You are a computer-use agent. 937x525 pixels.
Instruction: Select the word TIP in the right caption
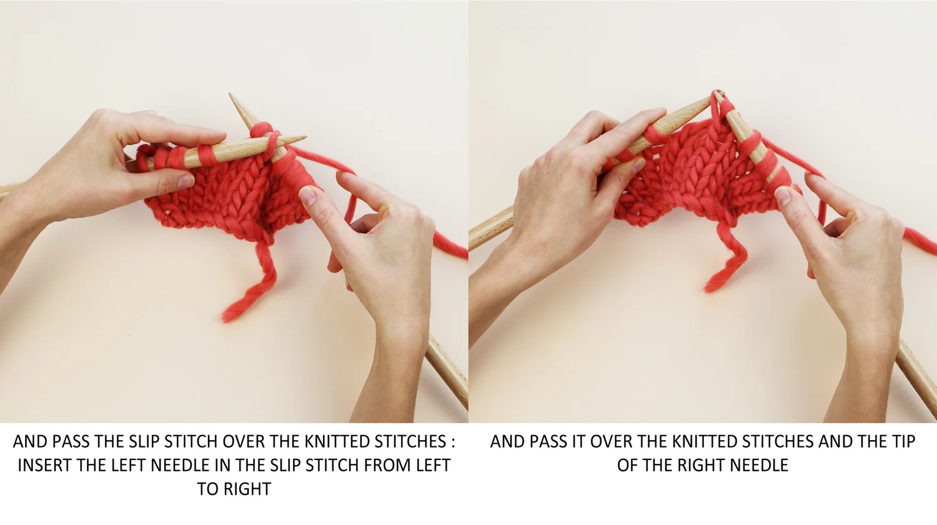point(900,441)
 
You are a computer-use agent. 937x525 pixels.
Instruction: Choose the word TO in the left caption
point(208,489)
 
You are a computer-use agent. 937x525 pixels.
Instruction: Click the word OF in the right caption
point(627,465)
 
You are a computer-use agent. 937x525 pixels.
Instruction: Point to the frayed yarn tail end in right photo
point(710,287)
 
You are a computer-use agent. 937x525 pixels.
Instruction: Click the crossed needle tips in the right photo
point(716,96)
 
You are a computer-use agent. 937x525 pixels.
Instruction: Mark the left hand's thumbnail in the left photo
point(185,181)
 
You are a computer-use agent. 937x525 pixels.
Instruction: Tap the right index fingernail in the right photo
point(783,197)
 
